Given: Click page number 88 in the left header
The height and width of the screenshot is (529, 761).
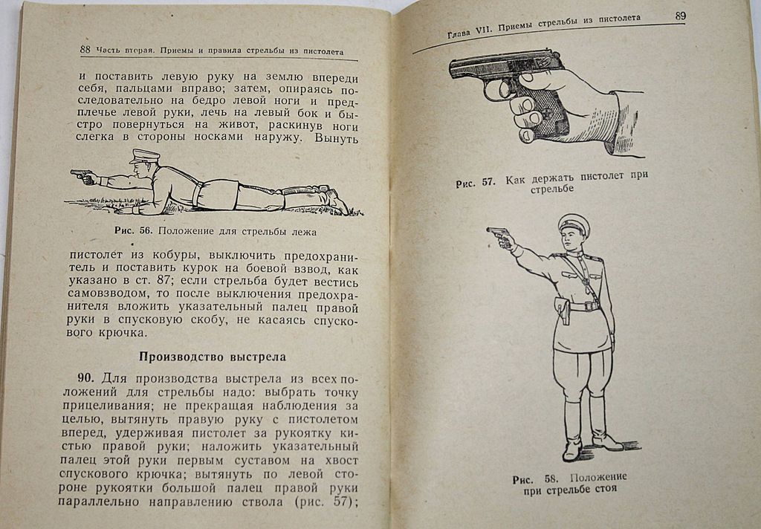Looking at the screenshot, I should tap(85, 51).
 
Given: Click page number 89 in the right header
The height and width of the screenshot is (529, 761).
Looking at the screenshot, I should tap(680, 16).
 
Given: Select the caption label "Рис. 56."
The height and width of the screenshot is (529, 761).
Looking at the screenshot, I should tap(133, 230).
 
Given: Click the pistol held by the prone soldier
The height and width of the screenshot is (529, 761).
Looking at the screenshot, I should tap(81, 175).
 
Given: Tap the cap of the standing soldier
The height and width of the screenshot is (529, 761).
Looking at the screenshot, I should tap(572, 221).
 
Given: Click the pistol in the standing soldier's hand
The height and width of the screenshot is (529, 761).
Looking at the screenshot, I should tap(499, 236).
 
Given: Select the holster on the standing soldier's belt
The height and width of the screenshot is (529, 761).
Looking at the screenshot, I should tap(563, 310).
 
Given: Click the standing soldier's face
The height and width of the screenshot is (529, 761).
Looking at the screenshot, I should tap(570, 239).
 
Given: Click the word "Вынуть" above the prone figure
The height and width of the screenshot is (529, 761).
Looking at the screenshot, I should tap(337, 138).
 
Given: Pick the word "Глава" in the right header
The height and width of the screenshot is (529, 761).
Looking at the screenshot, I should tap(462, 33).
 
